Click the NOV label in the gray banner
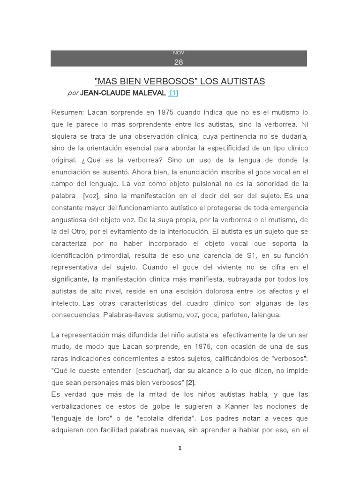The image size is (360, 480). coord(179,53)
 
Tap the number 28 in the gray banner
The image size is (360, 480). coord(179,62)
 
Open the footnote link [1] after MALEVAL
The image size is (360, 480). coord(173,93)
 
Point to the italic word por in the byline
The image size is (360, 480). coord(73,93)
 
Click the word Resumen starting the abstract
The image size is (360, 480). coord(67,113)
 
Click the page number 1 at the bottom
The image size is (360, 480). coord(179,449)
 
